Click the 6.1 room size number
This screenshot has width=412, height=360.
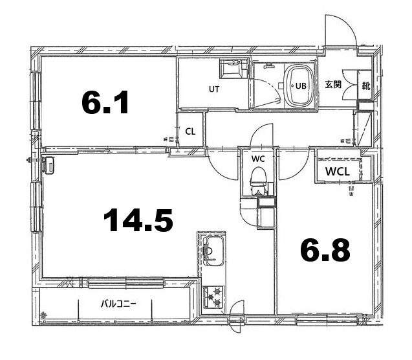click(x=105, y=102)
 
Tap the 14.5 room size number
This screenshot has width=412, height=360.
click(x=138, y=220)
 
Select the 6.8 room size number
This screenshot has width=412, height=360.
click(x=325, y=250)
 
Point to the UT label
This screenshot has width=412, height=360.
click(x=214, y=89)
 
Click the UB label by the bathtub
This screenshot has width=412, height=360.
click(x=301, y=85)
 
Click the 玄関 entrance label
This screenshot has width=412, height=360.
click(x=333, y=85)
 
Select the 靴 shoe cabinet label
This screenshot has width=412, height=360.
click(x=366, y=85)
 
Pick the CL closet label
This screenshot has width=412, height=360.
click(x=190, y=131)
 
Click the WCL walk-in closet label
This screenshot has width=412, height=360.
click(x=338, y=172)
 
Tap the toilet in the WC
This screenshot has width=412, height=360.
click(x=258, y=181)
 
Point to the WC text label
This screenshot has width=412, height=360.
click(x=258, y=159)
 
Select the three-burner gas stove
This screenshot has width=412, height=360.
click(x=213, y=297)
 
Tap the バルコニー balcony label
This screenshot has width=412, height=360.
click(x=118, y=304)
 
